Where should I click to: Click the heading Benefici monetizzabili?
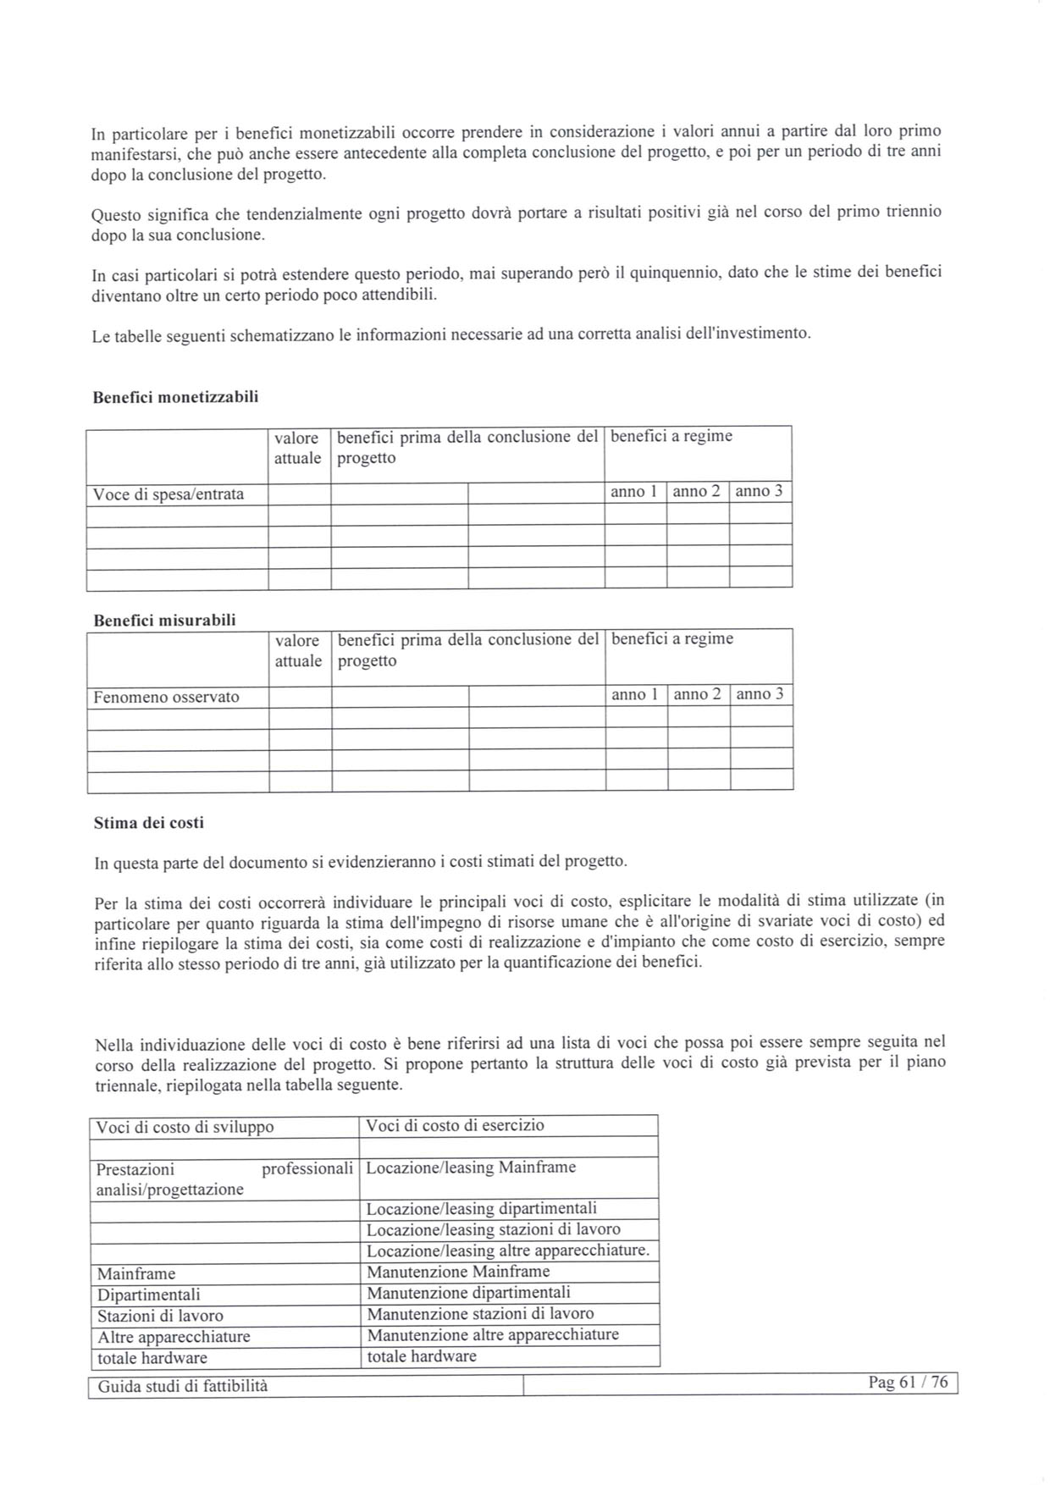click(175, 397)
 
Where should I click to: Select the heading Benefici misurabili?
click(164, 621)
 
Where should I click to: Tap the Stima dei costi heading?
click(149, 823)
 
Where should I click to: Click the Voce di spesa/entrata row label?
click(169, 494)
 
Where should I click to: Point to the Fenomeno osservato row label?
click(167, 698)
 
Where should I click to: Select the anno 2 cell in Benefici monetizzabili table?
click(697, 492)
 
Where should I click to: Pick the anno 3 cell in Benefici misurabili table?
click(760, 694)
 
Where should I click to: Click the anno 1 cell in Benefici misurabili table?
click(635, 694)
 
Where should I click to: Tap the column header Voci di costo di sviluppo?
click(185, 1127)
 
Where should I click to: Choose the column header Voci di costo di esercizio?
click(455, 1126)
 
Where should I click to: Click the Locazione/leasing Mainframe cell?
click(471, 1168)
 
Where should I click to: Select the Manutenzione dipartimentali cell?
click(468, 1293)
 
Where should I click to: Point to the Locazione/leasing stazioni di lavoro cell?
click(493, 1229)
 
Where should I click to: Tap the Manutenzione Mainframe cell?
click(458, 1272)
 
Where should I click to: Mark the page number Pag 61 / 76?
click(908, 1383)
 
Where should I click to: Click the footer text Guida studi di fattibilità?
click(182, 1387)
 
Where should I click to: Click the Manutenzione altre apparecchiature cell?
click(492, 1335)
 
